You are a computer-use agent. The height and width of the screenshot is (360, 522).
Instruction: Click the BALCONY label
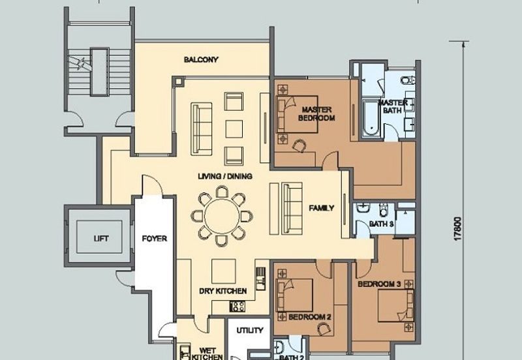pos(200,59)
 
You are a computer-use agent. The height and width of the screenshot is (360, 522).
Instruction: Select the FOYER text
pos(155,239)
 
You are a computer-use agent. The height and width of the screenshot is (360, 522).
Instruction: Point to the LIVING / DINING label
pos(226,177)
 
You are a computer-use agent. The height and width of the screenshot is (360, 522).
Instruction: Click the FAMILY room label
pos(321,209)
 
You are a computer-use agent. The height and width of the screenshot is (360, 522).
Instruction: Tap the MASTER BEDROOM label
pos(316,113)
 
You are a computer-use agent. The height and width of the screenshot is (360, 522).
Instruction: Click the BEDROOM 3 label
pos(378,285)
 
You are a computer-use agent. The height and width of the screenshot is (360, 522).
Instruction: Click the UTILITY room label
pos(249,331)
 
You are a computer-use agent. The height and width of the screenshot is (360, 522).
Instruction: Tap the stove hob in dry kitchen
pos(238,307)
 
